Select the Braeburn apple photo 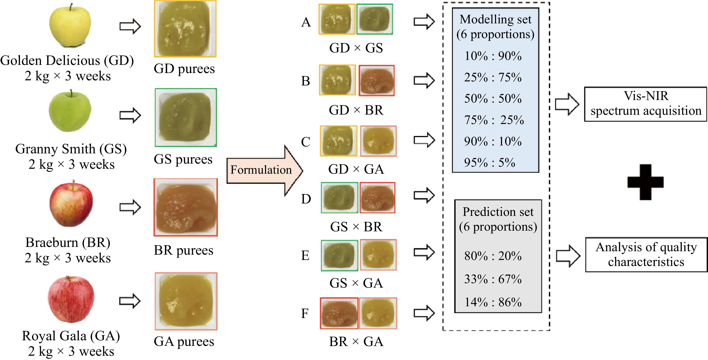[71, 204]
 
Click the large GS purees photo [186, 117]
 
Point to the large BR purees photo [186, 207]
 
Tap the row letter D [306, 199]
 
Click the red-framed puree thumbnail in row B [377, 80]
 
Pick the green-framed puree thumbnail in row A [375, 19]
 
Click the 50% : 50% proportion [493, 99]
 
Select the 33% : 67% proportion [493, 279]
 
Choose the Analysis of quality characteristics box [646, 254]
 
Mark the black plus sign [645, 182]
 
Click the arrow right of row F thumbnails [424, 313]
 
